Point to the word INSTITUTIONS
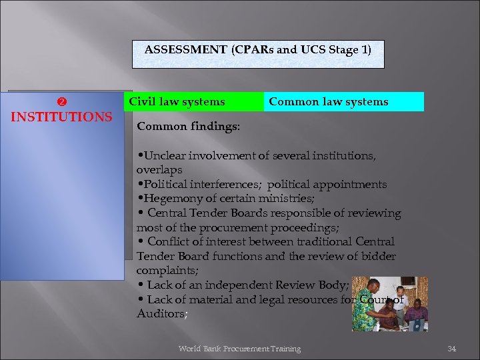point(62,117)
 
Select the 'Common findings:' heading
point(189,125)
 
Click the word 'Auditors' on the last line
point(160,313)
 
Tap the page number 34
point(451,349)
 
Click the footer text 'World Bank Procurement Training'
point(239,349)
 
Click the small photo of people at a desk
point(389,304)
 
